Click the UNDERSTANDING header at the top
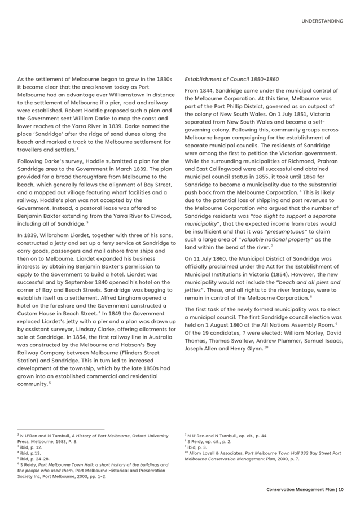(322, 21)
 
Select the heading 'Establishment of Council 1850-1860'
(231, 79)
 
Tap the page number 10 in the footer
(341, 489)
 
